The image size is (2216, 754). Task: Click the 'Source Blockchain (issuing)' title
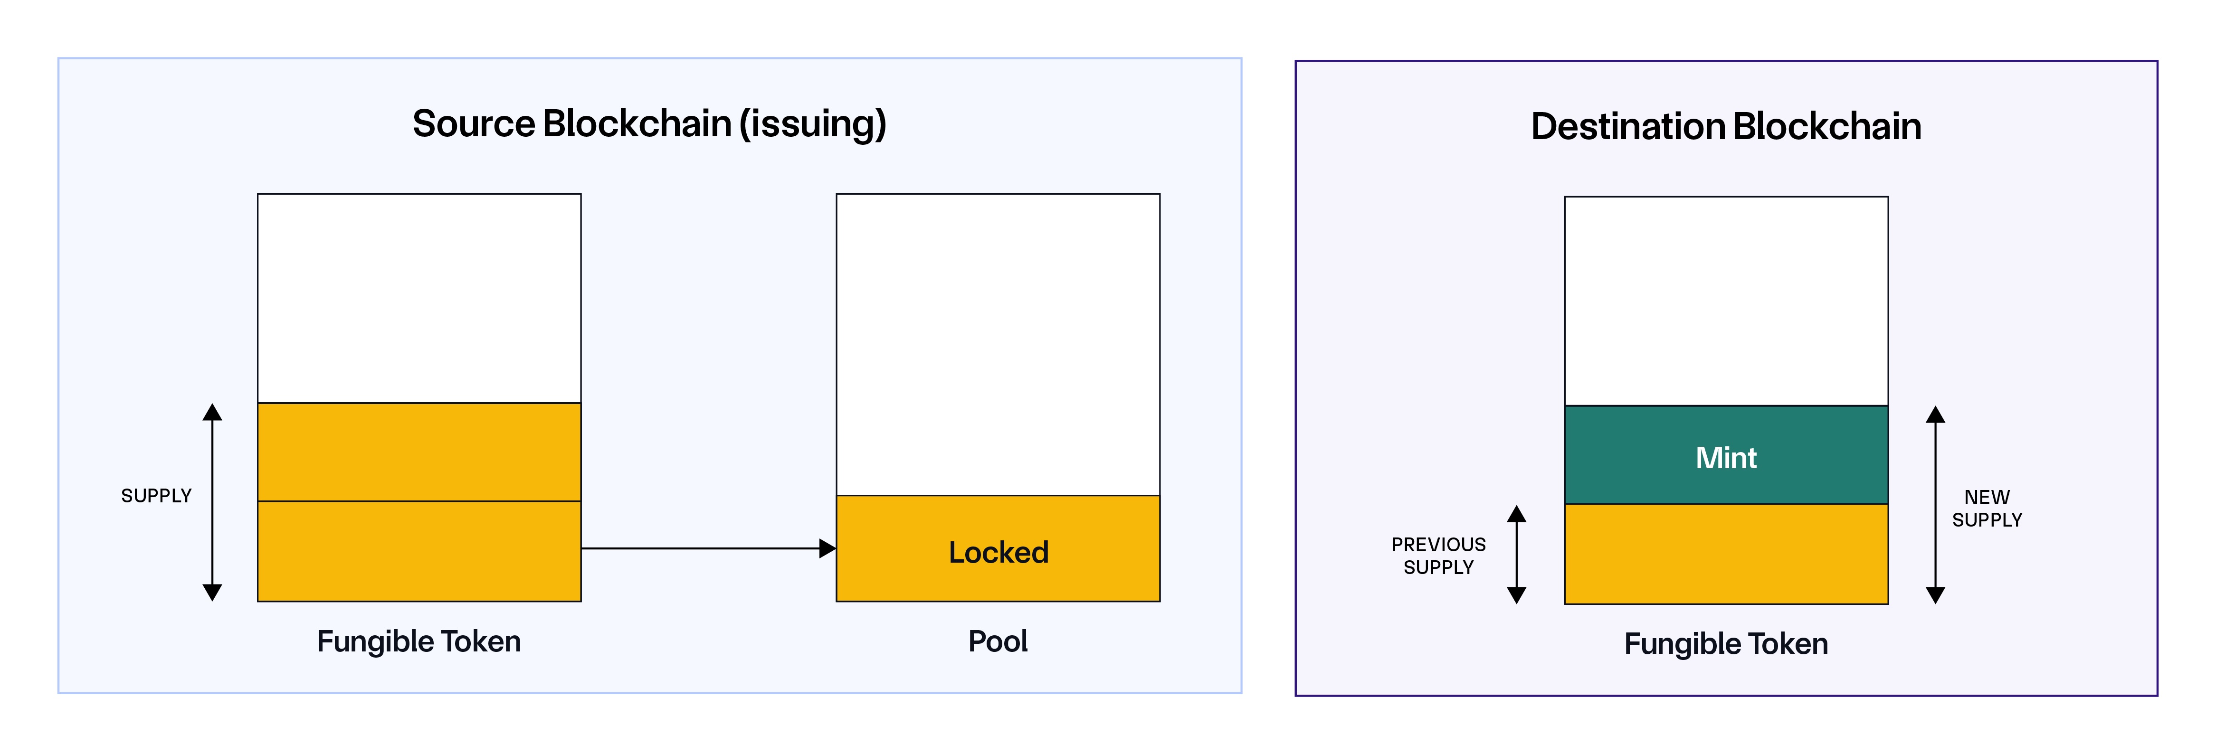click(649, 124)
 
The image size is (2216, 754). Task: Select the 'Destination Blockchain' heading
click(1726, 126)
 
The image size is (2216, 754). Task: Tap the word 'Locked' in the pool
click(998, 552)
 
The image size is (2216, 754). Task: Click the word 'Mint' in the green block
click(1726, 457)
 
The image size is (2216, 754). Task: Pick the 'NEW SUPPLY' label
click(1986, 508)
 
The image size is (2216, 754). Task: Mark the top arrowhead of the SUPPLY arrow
click(212, 413)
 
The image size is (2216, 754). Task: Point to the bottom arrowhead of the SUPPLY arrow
click(212, 593)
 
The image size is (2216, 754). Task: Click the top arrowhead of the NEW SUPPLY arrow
click(1936, 415)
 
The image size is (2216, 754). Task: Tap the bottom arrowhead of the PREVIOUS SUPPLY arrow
click(1517, 595)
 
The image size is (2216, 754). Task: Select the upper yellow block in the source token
click(419, 452)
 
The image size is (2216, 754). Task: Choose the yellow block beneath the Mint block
click(1726, 554)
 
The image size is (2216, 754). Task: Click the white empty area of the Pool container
click(998, 344)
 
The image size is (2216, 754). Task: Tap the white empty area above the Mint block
click(1726, 301)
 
